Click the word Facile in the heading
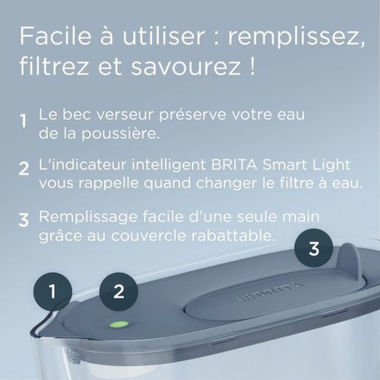(52, 36)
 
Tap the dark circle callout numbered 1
(52, 291)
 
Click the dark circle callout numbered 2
(118, 291)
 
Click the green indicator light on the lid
(118, 324)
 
